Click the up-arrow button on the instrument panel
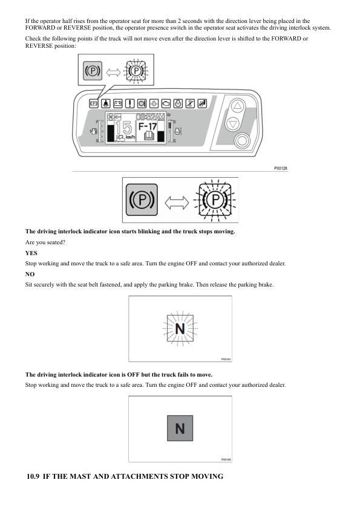pyautogui.click(x=238, y=106)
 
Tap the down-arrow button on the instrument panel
pyautogui.click(x=232, y=124)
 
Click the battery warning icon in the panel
pyautogui.click(x=117, y=103)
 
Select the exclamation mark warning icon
pyautogui.click(x=129, y=103)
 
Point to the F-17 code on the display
pyautogui.click(x=148, y=126)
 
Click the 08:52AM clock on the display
pyautogui.click(x=150, y=116)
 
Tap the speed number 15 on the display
pyautogui.click(x=123, y=128)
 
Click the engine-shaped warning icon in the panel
pyautogui.click(x=166, y=103)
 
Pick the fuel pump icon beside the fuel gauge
pyautogui.click(x=93, y=131)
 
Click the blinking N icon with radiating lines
pyautogui.click(x=180, y=328)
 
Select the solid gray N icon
pyautogui.click(x=180, y=428)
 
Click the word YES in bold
pyautogui.click(x=31, y=253)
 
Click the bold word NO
pyautogui.click(x=30, y=274)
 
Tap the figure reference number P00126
pyautogui.click(x=281, y=168)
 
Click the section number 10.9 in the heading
pyautogui.click(x=33, y=476)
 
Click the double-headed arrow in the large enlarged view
pyautogui.click(x=177, y=203)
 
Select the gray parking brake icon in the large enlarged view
pyautogui.click(x=142, y=199)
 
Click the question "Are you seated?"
pyautogui.click(x=45, y=242)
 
